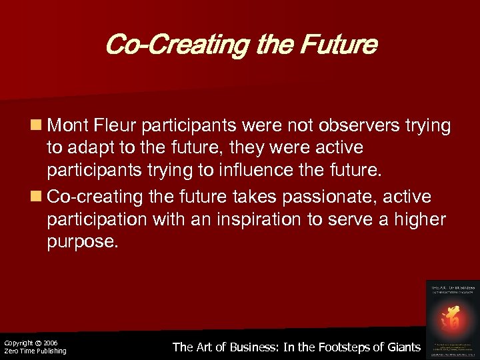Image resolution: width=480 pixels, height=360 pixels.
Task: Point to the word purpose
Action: click(x=82, y=242)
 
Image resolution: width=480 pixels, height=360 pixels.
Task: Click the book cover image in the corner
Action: click(x=451, y=318)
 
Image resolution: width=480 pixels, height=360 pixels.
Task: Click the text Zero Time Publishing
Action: click(x=35, y=351)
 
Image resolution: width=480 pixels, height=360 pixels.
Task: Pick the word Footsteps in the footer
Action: click(x=337, y=347)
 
